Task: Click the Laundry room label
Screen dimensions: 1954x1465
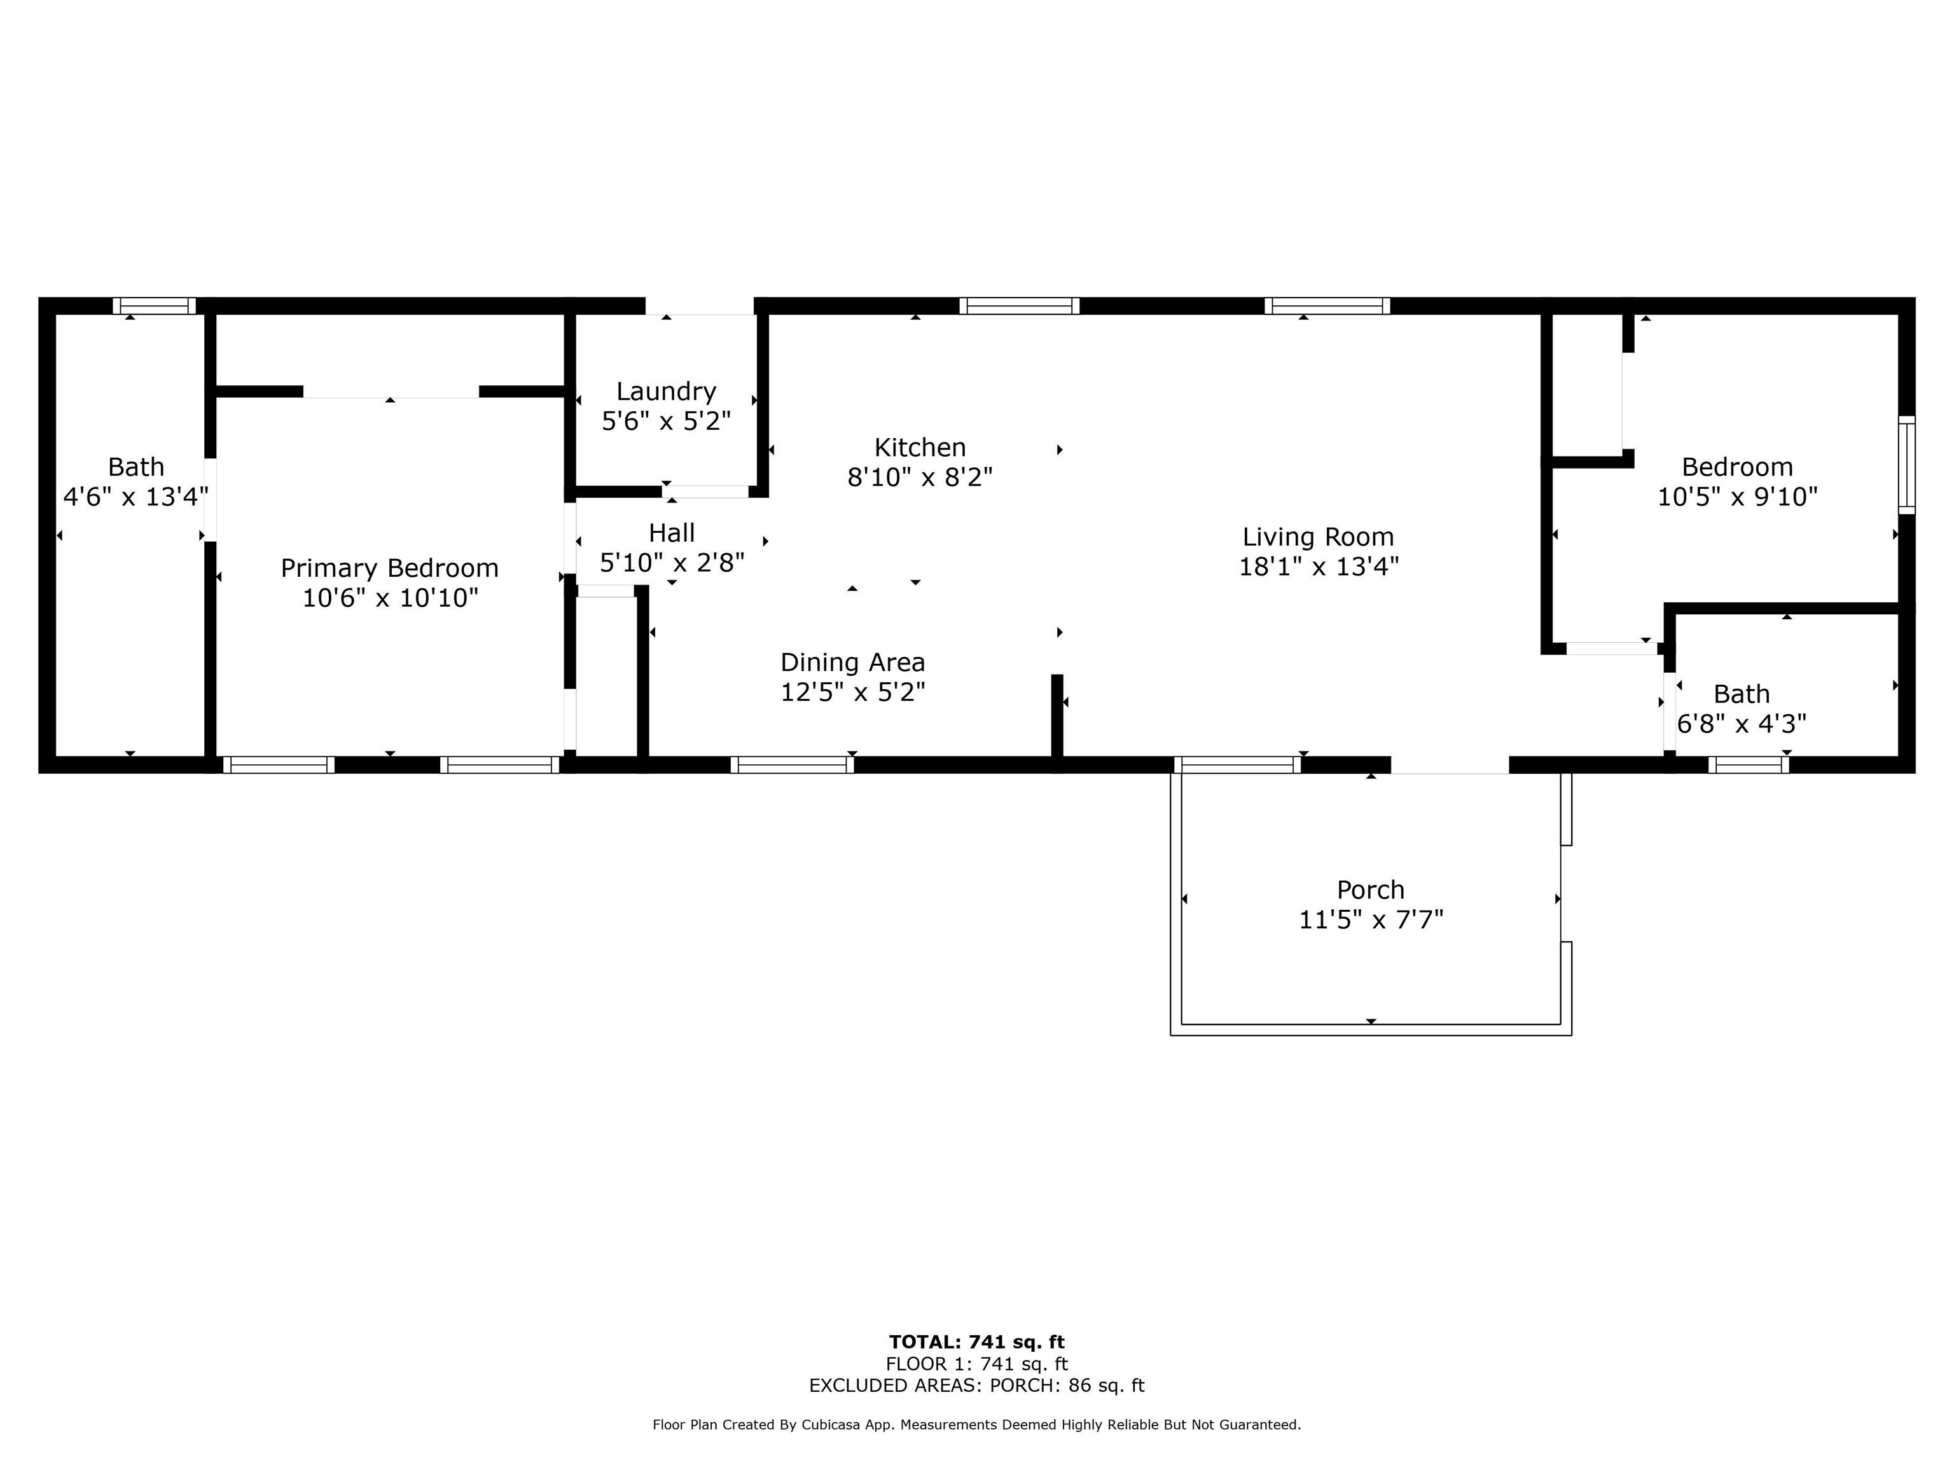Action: (x=666, y=391)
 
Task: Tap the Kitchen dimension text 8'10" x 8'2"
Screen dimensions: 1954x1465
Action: (x=920, y=478)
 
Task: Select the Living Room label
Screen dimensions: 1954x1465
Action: (x=1318, y=537)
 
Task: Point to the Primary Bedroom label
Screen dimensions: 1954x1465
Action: (x=389, y=568)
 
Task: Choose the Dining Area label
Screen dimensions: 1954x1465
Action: (x=852, y=663)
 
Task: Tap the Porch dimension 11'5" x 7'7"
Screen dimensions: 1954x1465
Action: (x=1370, y=920)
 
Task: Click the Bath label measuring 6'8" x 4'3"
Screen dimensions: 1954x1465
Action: (x=1741, y=694)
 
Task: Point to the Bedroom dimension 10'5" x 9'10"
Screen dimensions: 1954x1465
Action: (x=1736, y=496)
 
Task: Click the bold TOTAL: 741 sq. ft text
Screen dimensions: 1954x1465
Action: (x=977, y=1343)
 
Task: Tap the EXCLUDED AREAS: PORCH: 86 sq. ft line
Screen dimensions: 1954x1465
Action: (x=977, y=1386)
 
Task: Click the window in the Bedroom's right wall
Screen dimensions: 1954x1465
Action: (x=1907, y=465)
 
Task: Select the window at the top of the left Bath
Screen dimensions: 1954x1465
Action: (x=155, y=306)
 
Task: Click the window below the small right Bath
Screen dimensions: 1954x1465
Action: (x=1748, y=765)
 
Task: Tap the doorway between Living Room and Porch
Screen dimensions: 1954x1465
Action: (x=1450, y=765)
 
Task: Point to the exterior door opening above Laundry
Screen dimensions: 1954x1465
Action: (x=700, y=306)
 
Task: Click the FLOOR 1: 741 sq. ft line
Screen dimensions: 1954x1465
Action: (x=977, y=1365)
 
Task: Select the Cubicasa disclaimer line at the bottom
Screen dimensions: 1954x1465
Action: (x=977, y=1424)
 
